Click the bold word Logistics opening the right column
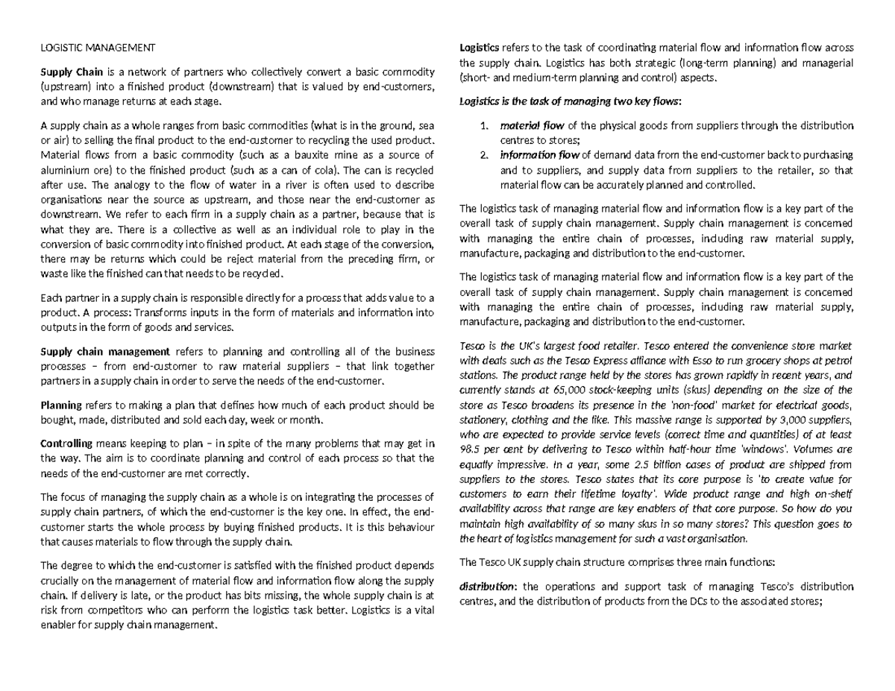482,49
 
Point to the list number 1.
484,124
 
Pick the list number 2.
484,155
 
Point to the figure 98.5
472,450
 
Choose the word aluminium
63,170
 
